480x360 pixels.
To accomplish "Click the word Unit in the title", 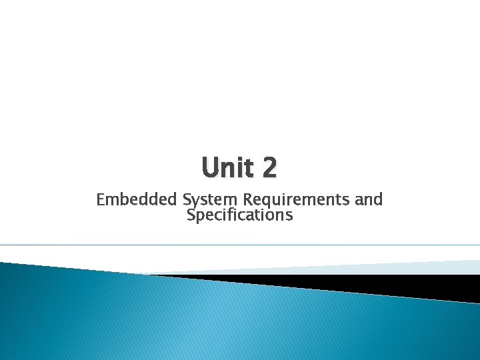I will point(227,167).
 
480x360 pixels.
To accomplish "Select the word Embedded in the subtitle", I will point(137,199).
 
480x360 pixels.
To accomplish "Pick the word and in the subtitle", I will point(369,199).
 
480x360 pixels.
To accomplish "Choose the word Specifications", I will point(240,215).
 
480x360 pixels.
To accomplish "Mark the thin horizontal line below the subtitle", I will point(240,245).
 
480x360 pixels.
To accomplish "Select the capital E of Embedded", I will point(101,199).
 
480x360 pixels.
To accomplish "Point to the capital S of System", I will point(187,199).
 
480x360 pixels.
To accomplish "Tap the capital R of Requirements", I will point(248,199).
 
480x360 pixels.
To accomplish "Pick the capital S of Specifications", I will point(191,215).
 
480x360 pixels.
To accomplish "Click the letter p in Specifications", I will point(200,217).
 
